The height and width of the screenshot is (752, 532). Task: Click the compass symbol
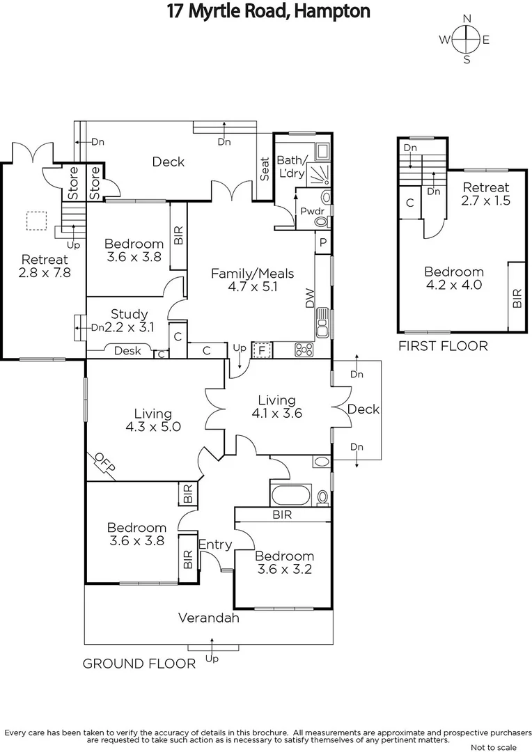coord(467,40)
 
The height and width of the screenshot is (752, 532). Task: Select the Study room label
coord(129,321)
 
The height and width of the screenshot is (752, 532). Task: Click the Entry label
coord(214,545)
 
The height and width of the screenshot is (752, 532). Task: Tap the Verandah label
coord(209,617)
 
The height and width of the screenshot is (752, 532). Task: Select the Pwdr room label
coord(308,210)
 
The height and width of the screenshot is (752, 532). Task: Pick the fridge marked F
coord(262,350)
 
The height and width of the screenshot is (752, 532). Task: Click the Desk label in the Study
coord(127,350)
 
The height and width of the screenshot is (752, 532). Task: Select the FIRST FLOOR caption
coord(442,346)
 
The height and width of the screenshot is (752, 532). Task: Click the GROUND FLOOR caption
coord(139,664)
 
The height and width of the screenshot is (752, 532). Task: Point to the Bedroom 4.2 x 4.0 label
coord(454,278)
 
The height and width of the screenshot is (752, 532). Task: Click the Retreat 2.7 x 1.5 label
coord(486,194)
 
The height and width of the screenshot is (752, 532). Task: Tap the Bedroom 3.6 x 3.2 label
coord(283,562)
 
